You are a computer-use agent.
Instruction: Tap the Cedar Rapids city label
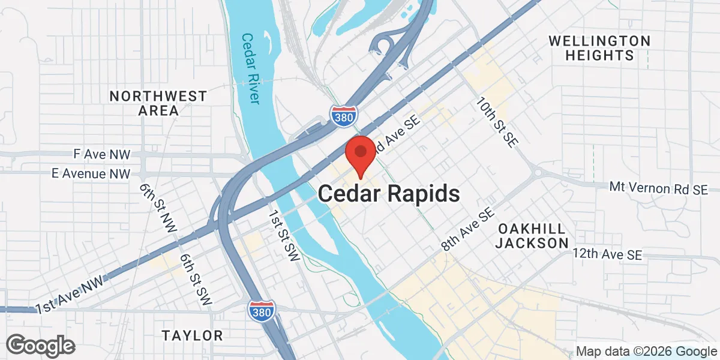point(389,194)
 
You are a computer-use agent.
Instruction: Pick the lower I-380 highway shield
point(261,310)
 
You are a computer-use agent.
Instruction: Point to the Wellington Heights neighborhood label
point(599,48)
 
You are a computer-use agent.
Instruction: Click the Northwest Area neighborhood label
point(158,103)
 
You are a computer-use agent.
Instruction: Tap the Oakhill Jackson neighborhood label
point(533,236)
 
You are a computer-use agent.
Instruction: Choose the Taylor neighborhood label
point(193,335)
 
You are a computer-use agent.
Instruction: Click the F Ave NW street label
point(101,154)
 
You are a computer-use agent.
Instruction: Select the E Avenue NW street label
point(91,174)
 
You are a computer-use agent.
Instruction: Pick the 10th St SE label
point(496,121)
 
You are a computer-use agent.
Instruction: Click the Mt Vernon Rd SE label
point(658,188)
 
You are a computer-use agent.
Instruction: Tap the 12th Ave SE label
point(607,254)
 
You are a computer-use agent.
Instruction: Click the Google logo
point(41,346)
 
